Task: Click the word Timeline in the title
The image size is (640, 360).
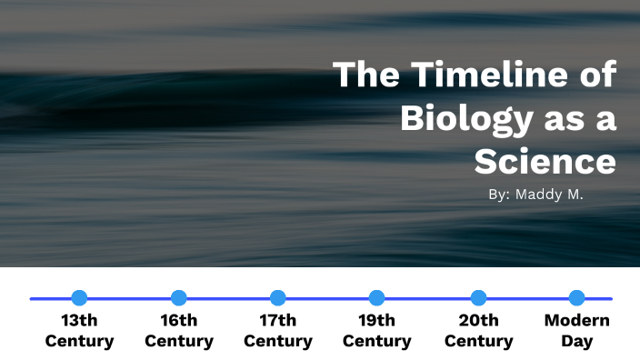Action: click(x=486, y=75)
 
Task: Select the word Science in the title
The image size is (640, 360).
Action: click(x=545, y=161)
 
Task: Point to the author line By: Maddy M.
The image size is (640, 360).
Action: click(x=535, y=194)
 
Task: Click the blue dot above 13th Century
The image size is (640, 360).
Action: click(x=79, y=297)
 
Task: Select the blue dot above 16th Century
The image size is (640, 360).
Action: click(x=179, y=297)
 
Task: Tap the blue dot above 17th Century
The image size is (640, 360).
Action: click(x=278, y=297)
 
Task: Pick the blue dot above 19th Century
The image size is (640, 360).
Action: click(x=377, y=297)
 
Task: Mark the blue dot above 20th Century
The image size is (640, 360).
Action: click(x=478, y=297)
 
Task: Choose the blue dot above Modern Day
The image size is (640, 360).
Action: click(x=576, y=297)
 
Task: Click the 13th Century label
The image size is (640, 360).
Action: click(x=79, y=331)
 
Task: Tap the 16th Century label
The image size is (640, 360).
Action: click(x=179, y=331)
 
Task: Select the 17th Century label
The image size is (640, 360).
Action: click(x=278, y=331)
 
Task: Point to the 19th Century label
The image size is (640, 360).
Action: click(x=377, y=331)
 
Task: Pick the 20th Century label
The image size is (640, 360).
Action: click(x=478, y=331)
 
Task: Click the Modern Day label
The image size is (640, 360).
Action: click(x=576, y=331)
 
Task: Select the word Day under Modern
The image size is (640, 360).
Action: click(x=576, y=342)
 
